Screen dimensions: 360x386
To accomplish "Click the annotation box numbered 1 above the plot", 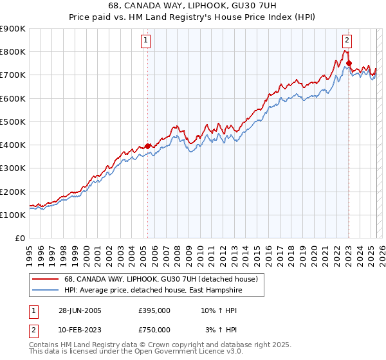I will point(147,40).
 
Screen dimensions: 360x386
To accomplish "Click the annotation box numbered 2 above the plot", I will point(347,40).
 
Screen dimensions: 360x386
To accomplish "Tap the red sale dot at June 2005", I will point(148,146).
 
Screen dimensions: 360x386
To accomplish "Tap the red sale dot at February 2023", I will point(349,63).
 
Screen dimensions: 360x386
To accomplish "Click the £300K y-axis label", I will point(13,168).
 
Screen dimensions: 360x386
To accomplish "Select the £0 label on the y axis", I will point(19,238).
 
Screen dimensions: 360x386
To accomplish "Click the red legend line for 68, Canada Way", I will point(46,279).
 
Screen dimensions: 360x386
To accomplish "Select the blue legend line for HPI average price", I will point(46,291).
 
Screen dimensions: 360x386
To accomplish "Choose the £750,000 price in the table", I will point(154,330).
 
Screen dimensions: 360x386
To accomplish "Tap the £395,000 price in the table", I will point(154,310).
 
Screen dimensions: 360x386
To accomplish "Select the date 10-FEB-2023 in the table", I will point(78,330).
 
